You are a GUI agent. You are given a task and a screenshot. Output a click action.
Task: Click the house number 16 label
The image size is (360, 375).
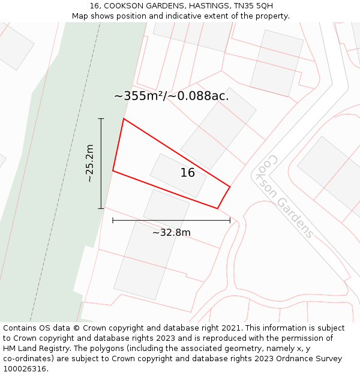tap(188, 173)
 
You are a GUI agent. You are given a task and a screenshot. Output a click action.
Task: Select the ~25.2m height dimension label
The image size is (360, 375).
tap(89, 163)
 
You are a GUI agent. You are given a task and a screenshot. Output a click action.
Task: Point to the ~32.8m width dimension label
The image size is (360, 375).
tap(171, 232)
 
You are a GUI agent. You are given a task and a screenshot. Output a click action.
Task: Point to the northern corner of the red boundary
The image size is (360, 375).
tap(124, 119)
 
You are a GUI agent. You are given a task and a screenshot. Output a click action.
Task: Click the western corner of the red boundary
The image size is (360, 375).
tap(113, 171)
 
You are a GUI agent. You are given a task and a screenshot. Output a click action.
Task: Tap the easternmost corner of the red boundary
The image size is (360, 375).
tap(230, 186)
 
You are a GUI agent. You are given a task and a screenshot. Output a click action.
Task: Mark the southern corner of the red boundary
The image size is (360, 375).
tap(217, 208)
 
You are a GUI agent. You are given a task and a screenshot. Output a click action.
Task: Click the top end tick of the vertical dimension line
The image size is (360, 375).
tap(101, 119)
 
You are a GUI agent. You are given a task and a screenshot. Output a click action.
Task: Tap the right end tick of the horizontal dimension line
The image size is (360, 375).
tap(230, 220)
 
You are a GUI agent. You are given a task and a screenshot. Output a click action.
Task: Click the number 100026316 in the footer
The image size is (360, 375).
tap(24, 369)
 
